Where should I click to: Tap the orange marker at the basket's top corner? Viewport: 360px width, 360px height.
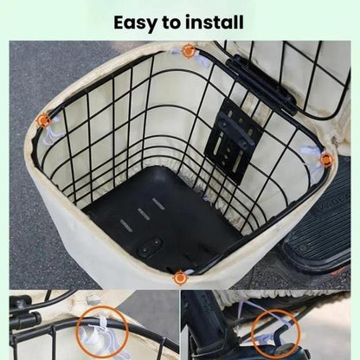(188, 52)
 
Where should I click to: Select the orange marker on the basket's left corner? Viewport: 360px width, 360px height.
(44, 121)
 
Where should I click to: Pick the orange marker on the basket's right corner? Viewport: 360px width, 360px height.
(325, 160)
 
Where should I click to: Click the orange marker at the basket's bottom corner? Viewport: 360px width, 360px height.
(180, 277)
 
